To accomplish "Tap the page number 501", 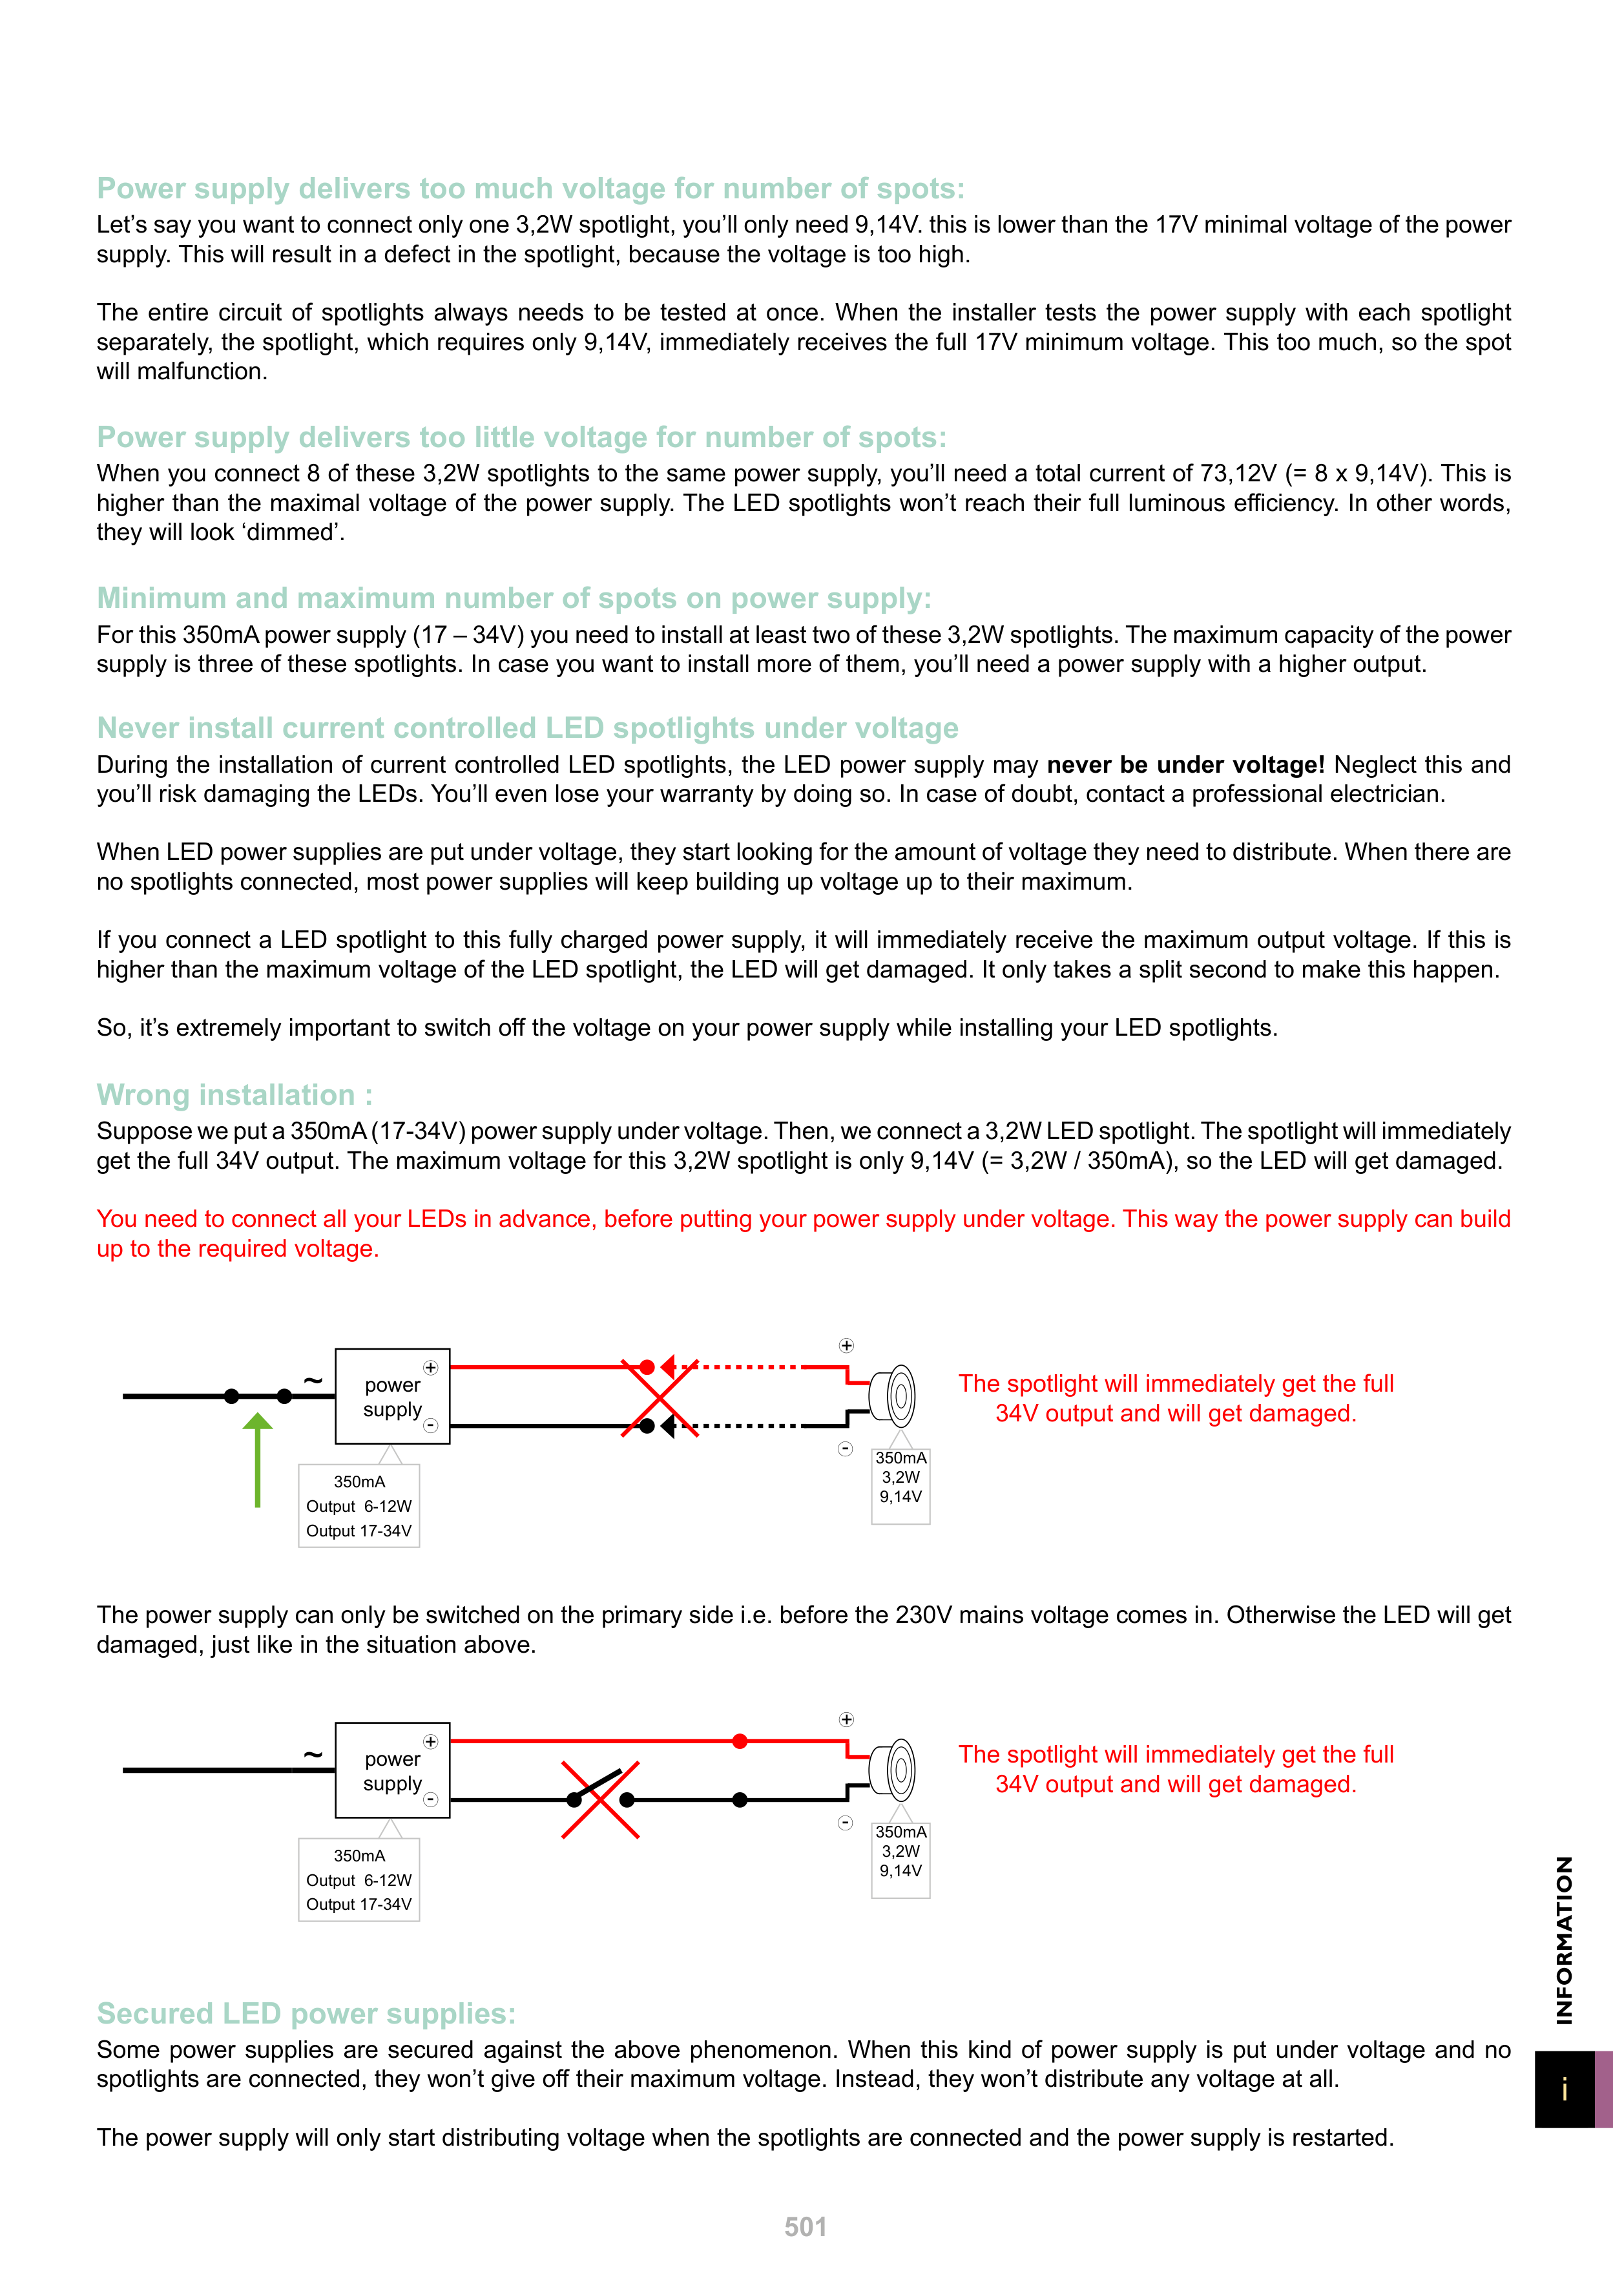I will click(805, 2227).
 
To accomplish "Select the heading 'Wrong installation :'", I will click(234, 1094).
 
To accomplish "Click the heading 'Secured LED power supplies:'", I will click(306, 2014).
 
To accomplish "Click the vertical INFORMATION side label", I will click(1565, 1940).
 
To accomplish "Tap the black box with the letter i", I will click(1565, 2090).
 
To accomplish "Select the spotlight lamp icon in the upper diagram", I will click(893, 1396).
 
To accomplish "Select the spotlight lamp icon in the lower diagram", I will click(893, 1770).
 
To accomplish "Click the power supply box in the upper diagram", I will click(393, 1396).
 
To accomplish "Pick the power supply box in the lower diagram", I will click(393, 1770).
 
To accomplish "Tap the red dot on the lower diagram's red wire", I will click(740, 1741).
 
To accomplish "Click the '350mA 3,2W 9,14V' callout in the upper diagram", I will click(900, 1478).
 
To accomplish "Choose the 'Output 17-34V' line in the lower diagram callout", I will click(359, 1904).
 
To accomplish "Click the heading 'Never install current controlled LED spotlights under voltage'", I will click(526, 729).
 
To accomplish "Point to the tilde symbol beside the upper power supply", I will click(313, 1381).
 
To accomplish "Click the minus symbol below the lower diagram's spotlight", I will click(846, 1823).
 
